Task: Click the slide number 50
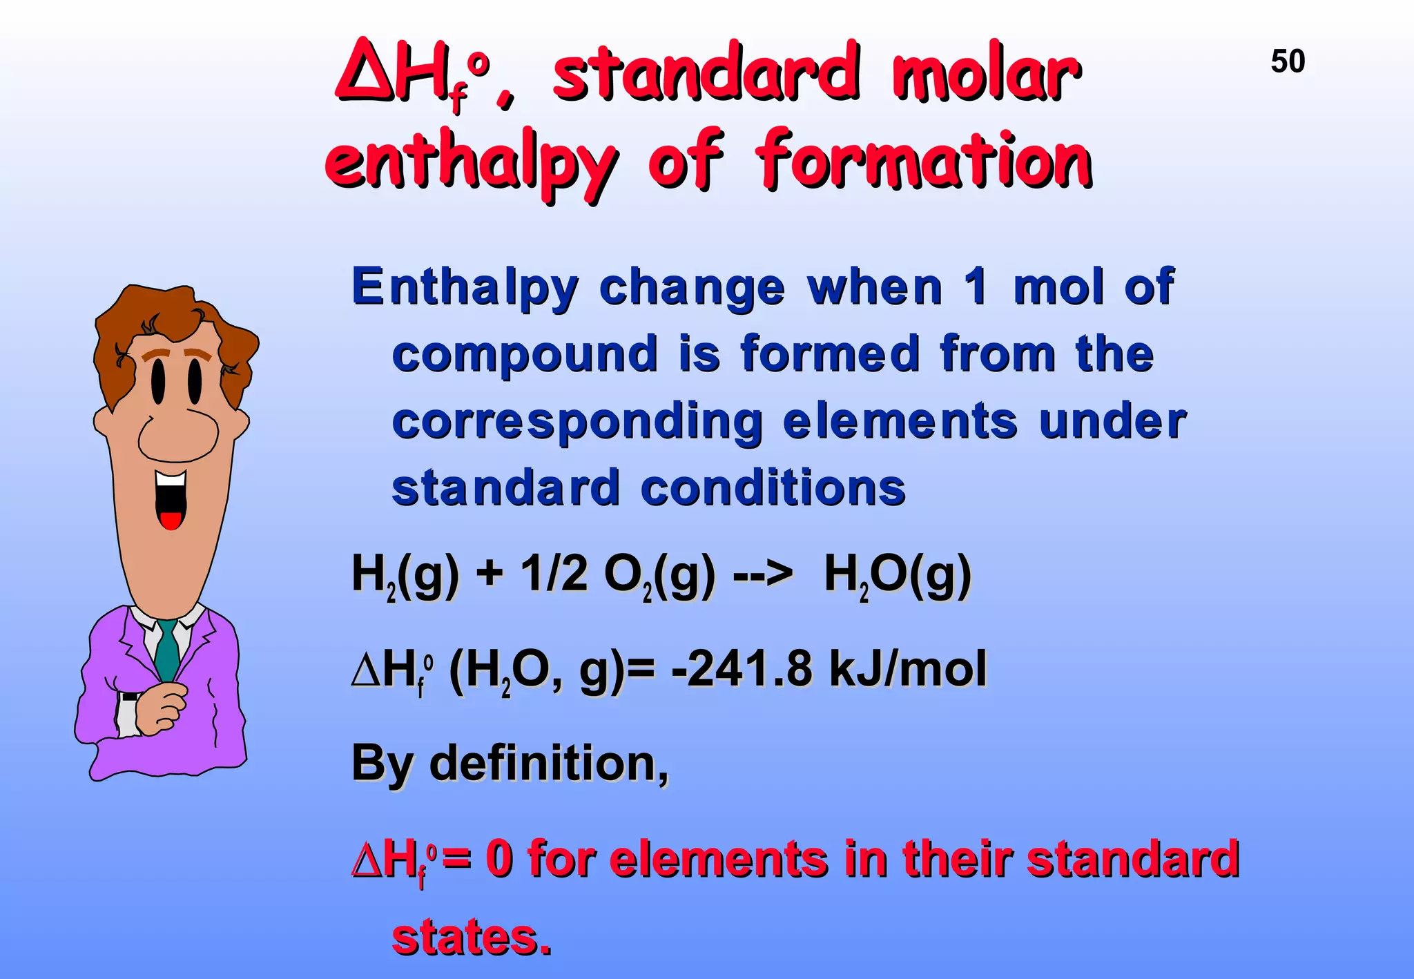[1288, 61]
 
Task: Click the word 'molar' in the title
[987, 73]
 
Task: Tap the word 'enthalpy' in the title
[470, 162]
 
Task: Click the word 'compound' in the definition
[525, 355]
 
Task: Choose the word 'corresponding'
[577, 422]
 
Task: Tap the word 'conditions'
[773, 488]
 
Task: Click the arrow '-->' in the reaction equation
[763, 574]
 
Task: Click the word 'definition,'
[549, 764]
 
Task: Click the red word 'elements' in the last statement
[719, 860]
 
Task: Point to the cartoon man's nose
[178, 435]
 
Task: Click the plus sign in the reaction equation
[489, 574]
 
